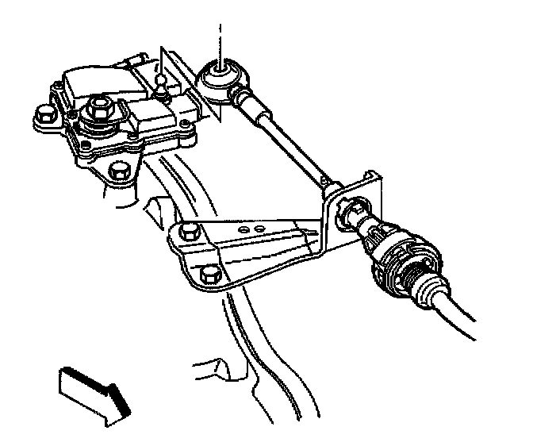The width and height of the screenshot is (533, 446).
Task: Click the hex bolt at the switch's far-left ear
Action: click(x=46, y=116)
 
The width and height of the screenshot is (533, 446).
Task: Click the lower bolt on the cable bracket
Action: click(x=211, y=275)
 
